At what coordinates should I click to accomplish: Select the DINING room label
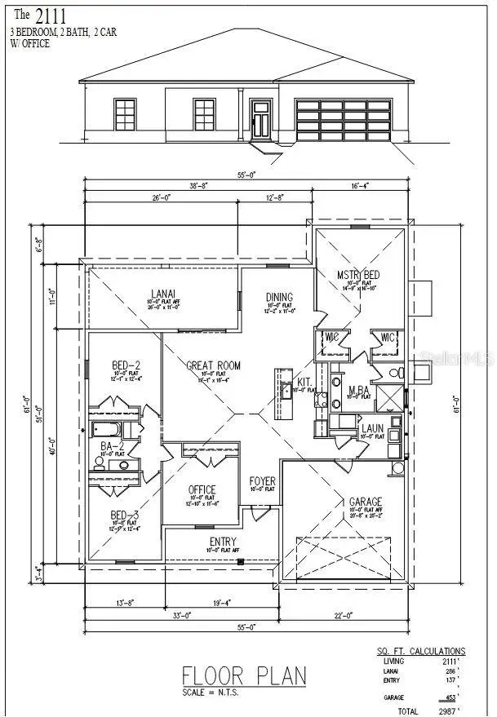click(x=279, y=298)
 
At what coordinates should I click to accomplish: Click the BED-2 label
click(x=126, y=365)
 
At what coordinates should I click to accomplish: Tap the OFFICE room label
click(x=202, y=489)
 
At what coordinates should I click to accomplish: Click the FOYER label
click(x=262, y=481)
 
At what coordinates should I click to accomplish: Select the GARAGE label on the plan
click(x=365, y=502)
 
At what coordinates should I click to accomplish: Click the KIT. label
click(x=304, y=381)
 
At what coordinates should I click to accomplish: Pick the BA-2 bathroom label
click(x=111, y=446)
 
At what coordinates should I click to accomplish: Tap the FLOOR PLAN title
click(x=244, y=675)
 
